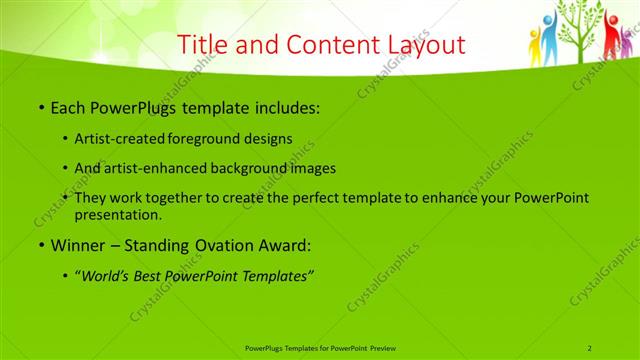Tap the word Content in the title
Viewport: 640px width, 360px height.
point(324,46)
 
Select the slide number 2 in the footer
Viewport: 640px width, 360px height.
point(590,347)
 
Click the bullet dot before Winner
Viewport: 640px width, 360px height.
point(40,244)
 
